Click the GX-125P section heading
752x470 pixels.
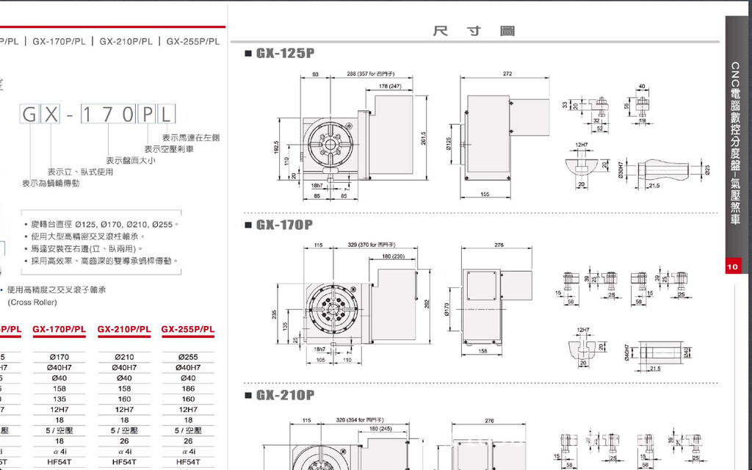tap(285, 54)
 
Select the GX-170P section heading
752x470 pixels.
tap(285, 225)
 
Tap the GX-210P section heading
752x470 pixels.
tap(285, 396)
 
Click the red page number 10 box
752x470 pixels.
tap(732, 267)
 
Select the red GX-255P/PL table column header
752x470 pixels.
tap(188, 329)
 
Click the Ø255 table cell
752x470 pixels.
tap(188, 358)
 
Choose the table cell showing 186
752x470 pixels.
tap(188, 388)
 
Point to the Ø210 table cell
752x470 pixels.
tap(124, 358)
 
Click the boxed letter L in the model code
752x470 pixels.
tap(167, 114)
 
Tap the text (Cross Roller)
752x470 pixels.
tap(32, 303)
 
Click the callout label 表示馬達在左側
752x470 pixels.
tap(191, 137)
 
